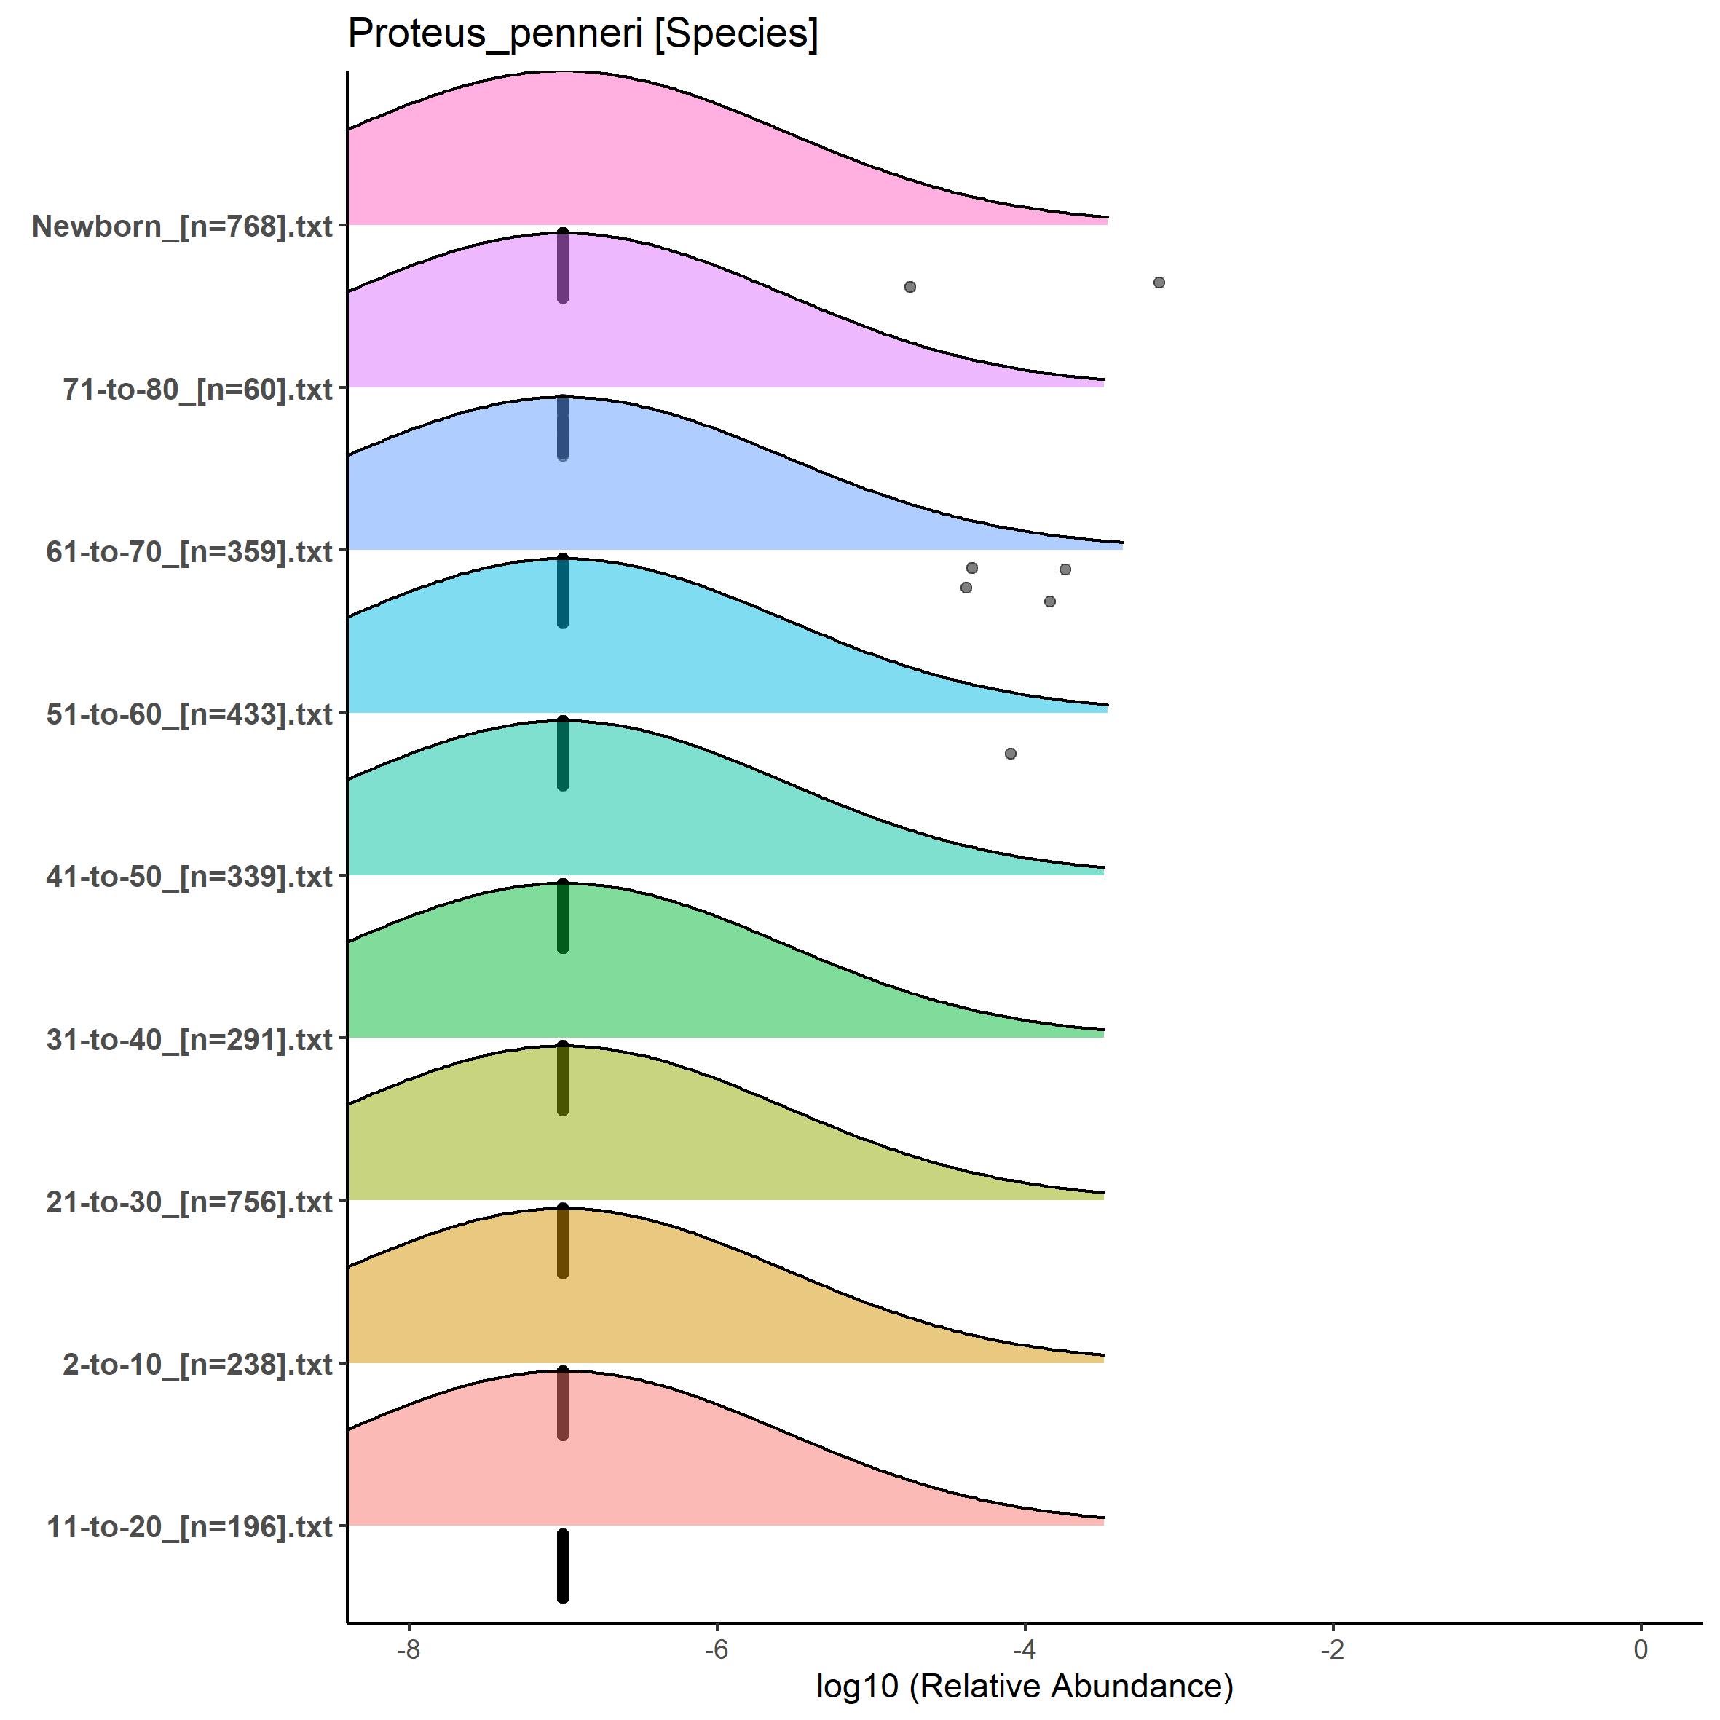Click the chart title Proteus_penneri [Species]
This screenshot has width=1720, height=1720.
[583, 33]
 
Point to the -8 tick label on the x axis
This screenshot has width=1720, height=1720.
[408, 1649]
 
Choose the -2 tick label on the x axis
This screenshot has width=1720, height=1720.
[1332, 1649]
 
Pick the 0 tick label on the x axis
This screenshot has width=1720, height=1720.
[1641, 1649]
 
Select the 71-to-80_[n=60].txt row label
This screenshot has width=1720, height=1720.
[197, 389]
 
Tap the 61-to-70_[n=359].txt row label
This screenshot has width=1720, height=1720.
[189, 552]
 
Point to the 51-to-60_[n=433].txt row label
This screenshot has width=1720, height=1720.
[189, 714]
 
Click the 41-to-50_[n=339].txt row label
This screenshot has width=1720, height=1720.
[189, 877]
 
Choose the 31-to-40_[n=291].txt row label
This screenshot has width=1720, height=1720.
[189, 1040]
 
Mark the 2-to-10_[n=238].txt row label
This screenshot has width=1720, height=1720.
[197, 1365]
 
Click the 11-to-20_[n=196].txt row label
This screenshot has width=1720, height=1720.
[189, 1528]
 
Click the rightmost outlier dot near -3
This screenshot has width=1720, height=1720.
[1159, 283]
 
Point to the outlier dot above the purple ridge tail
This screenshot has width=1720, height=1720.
[910, 287]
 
